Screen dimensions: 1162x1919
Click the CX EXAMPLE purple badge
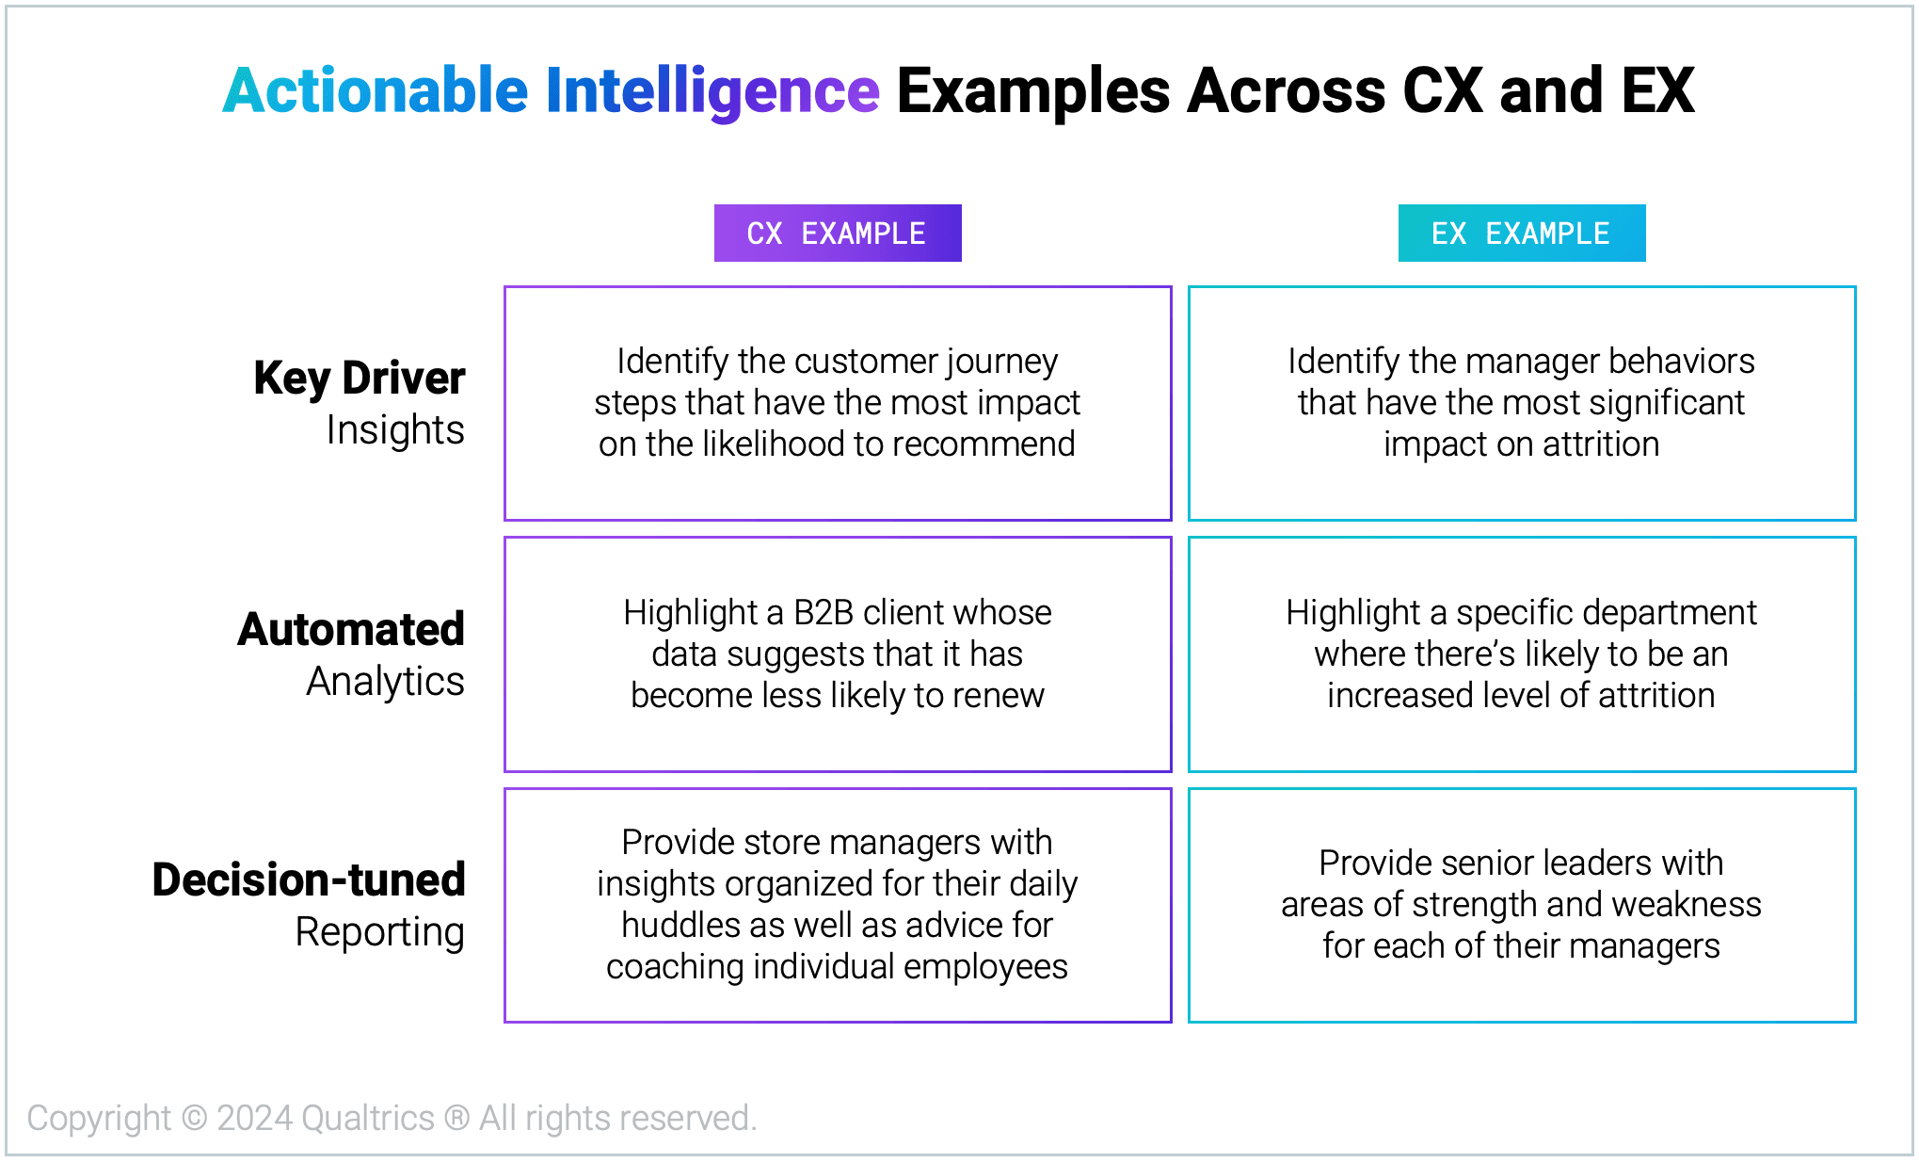(837, 234)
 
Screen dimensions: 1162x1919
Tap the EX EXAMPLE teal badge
(1521, 234)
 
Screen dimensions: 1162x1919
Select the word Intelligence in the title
(712, 91)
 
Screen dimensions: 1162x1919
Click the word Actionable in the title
(376, 91)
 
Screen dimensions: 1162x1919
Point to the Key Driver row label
(360, 379)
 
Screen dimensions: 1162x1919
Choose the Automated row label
(351, 629)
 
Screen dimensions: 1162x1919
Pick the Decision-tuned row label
(309, 880)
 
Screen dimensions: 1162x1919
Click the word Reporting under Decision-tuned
(379, 932)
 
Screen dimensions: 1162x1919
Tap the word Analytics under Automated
(385, 681)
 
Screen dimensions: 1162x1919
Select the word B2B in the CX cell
(824, 613)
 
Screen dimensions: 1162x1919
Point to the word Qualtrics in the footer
(368, 1119)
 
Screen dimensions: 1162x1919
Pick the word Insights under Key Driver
(395, 430)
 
